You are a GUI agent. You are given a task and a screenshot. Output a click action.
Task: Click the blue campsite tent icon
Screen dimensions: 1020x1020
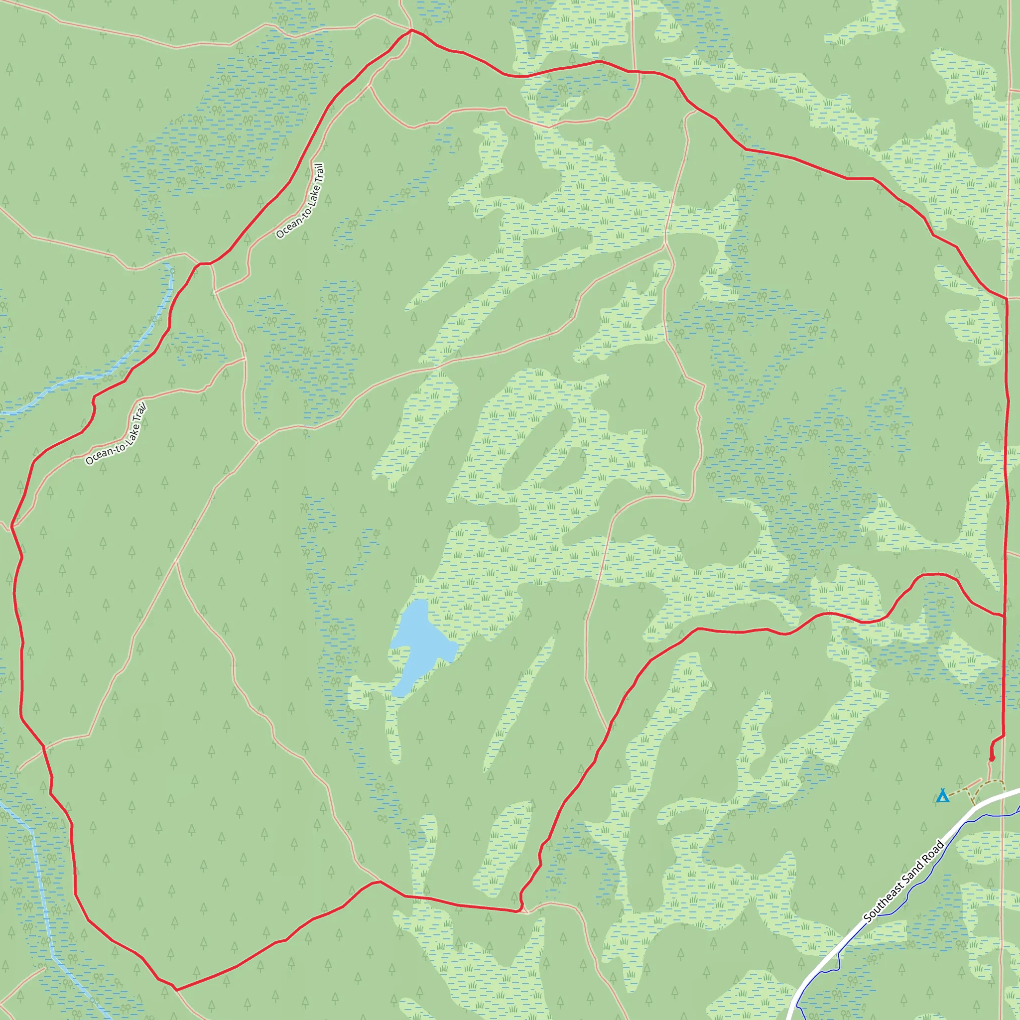click(x=942, y=795)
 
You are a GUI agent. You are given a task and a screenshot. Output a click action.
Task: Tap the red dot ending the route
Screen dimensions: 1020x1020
click(x=992, y=759)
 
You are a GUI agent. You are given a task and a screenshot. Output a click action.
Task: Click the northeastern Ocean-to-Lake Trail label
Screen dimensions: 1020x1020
click(x=300, y=201)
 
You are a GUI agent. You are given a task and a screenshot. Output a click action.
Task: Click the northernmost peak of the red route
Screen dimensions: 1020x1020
click(x=411, y=30)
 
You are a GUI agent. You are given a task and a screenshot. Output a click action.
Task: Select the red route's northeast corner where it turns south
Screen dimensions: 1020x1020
click(x=1006, y=298)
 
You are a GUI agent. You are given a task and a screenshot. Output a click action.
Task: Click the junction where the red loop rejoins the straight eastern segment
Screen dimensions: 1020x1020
click(x=1003, y=615)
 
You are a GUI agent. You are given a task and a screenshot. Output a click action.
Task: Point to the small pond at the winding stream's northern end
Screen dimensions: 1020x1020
click(x=169, y=269)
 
